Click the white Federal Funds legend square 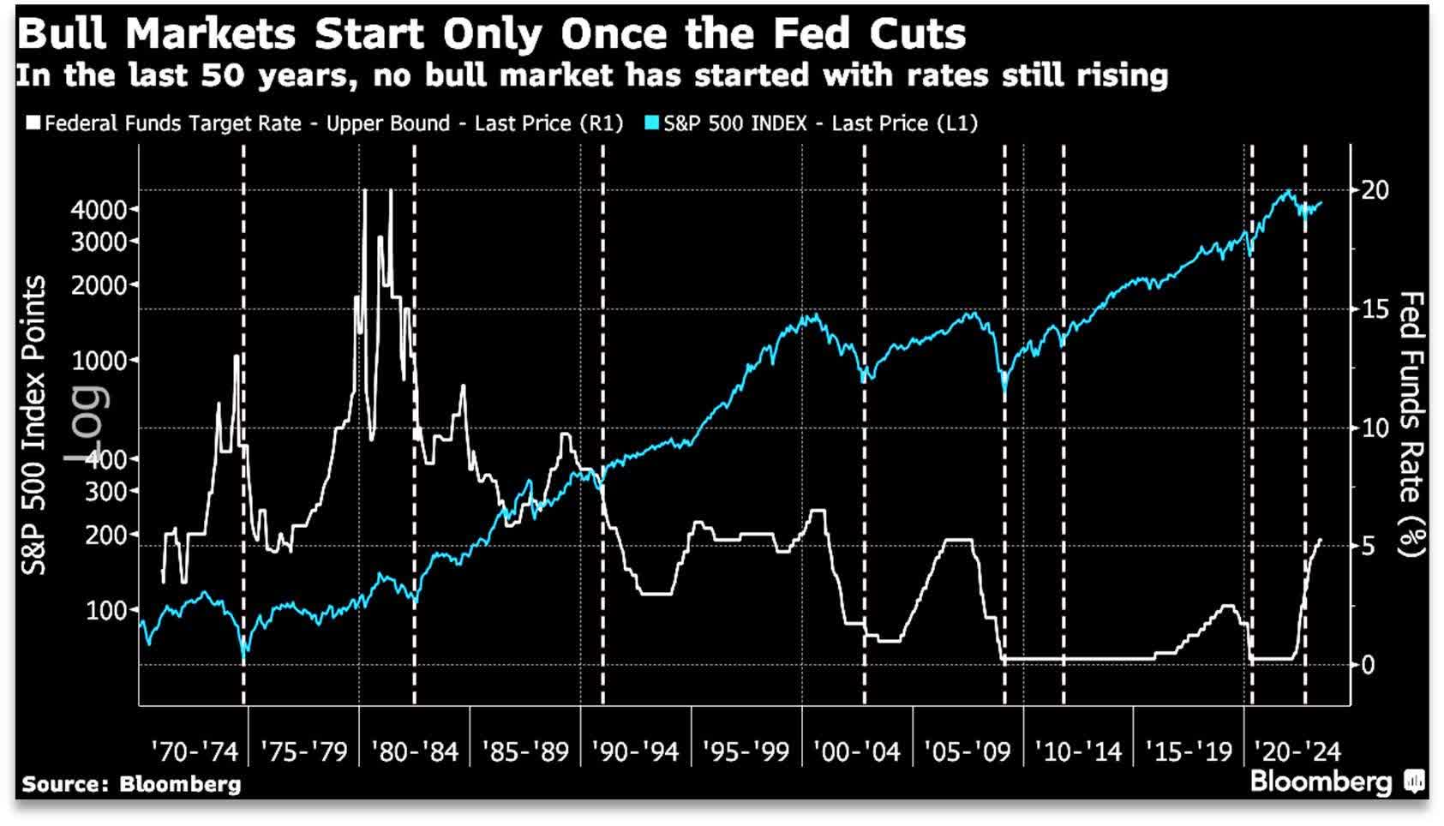(x=33, y=123)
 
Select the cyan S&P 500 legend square (x=652, y=123)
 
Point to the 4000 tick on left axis (x=99, y=210)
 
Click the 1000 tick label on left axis (x=99, y=361)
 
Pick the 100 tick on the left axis (x=107, y=611)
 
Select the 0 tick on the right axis (x=1368, y=665)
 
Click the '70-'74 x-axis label (x=194, y=752)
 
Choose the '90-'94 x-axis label (x=635, y=752)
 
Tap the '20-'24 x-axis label (x=1297, y=752)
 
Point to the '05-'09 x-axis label (x=967, y=752)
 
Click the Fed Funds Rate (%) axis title (x=1411, y=424)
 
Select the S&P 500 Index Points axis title (x=34, y=425)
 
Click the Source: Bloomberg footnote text (x=131, y=784)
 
